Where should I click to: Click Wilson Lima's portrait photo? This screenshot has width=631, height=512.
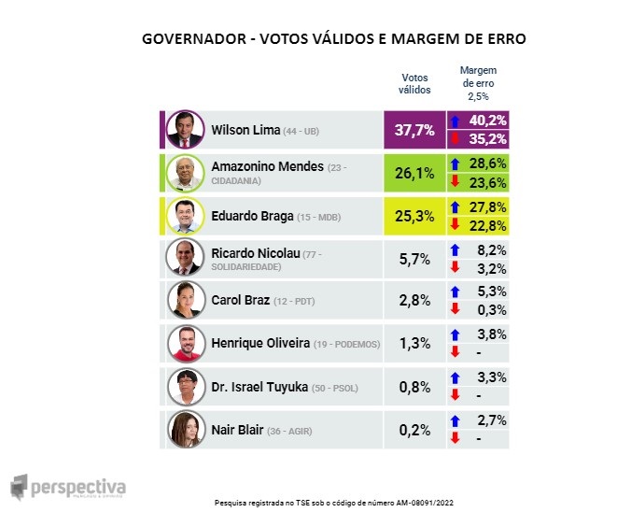[x=184, y=130]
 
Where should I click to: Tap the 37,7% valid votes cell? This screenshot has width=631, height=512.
[x=414, y=130]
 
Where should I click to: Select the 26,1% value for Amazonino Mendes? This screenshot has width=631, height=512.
[x=414, y=173]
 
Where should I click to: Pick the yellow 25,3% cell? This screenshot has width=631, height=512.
[x=414, y=216]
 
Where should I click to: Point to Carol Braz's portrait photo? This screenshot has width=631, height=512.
[x=184, y=300]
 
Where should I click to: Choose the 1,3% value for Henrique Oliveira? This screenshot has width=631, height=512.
[x=414, y=344]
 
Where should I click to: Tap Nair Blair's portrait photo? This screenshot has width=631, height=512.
[x=184, y=429]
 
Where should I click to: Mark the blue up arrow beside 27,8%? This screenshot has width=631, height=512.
[x=455, y=206]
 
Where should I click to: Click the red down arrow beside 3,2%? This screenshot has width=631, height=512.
[x=455, y=268]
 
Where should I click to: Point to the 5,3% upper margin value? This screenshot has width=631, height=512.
[x=489, y=292]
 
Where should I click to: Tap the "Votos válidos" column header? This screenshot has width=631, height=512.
[x=414, y=83]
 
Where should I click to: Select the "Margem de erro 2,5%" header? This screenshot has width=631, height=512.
[x=479, y=83]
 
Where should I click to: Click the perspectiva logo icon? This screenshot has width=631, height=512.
[x=19, y=487]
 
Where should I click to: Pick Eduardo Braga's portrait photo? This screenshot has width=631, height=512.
[x=184, y=216]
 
